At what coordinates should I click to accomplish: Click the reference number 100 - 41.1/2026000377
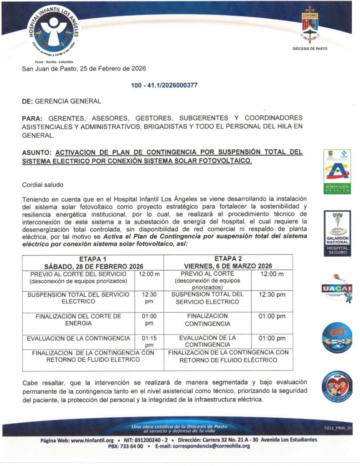click(164, 85)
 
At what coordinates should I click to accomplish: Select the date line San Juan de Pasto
click(84, 69)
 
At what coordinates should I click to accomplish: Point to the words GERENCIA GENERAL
click(68, 101)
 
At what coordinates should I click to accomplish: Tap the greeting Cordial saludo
click(43, 185)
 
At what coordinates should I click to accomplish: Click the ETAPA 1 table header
click(93, 262)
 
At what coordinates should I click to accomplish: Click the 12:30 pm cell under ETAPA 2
click(272, 294)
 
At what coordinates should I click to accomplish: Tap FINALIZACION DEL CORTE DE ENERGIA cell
click(78, 319)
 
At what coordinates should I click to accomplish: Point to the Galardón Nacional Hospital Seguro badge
click(337, 233)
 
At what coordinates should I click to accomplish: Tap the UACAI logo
click(337, 287)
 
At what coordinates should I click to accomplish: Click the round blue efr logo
click(337, 338)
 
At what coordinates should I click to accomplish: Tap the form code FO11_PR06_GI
click(338, 428)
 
